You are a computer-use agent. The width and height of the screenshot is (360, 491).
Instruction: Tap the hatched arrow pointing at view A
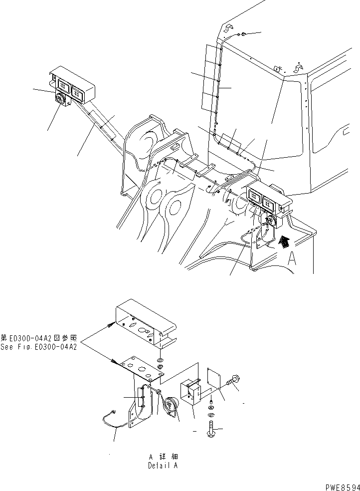click(x=284, y=242)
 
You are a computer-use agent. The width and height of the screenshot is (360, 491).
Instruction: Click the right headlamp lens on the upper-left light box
click(x=78, y=91)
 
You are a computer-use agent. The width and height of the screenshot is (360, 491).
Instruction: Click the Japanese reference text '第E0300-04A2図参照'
click(x=38, y=338)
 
